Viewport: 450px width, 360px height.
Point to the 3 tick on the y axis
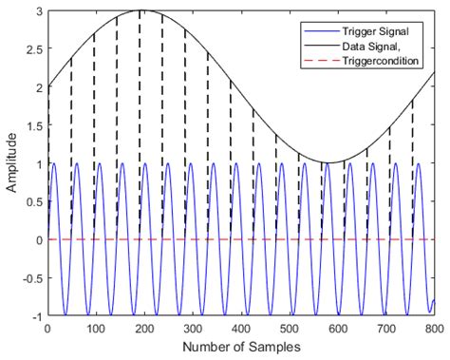38,10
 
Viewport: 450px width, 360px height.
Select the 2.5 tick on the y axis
33,48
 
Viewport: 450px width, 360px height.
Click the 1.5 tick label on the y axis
33,125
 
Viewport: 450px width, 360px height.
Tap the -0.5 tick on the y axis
31,277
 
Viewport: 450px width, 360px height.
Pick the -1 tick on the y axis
36,315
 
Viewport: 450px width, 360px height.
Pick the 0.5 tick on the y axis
33,201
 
